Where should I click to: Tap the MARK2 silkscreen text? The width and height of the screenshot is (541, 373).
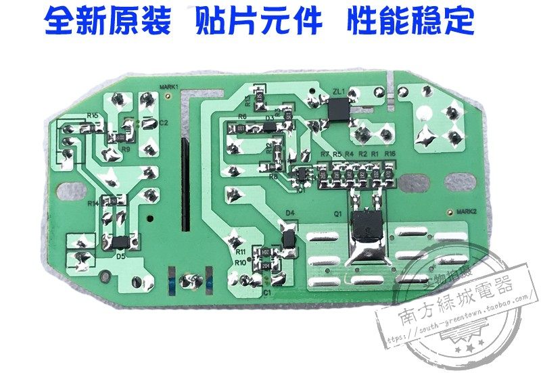pyautogui.click(x=467, y=211)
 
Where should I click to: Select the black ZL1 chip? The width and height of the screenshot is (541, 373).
pyautogui.click(x=336, y=109)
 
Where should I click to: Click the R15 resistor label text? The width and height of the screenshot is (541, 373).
pyautogui.click(x=93, y=116)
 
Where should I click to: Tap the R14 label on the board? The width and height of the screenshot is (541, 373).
pyautogui.click(x=93, y=203)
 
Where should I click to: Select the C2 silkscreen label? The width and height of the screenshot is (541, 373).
pyautogui.click(x=164, y=123)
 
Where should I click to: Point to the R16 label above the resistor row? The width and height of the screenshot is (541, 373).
pyautogui.click(x=390, y=155)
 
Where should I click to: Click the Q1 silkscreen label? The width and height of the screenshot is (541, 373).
pyautogui.click(x=335, y=215)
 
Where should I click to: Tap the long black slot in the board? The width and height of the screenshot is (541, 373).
pyautogui.click(x=183, y=183)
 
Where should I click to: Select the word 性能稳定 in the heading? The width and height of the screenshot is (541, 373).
pyautogui.click(x=410, y=22)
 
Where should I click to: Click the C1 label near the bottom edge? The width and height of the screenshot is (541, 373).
pyautogui.click(x=266, y=292)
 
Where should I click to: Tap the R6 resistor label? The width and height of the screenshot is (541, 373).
pyautogui.click(x=242, y=117)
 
